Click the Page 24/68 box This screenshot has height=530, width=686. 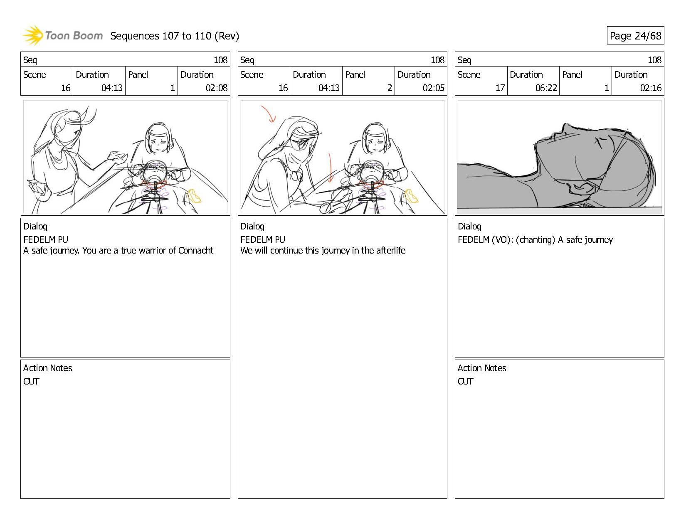click(635, 35)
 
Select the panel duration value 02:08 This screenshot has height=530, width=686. click(216, 88)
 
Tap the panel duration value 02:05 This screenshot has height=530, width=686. click(434, 88)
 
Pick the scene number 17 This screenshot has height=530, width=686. click(500, 88)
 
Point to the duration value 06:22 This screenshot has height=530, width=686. click(546, 88)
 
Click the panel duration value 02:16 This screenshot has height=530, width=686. click(651, 88)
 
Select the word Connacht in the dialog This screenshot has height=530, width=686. click(196, 250)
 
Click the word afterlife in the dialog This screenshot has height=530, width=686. click(390, 250)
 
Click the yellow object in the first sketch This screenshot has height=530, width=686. click(194, 196)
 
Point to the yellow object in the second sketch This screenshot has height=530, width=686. click(411, 196)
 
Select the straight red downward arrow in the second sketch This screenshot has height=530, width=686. click(330, 168)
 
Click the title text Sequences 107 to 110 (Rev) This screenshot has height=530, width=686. click(175, 36)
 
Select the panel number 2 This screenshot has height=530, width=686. click(390, 88)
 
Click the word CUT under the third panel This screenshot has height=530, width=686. click(465, 381)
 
